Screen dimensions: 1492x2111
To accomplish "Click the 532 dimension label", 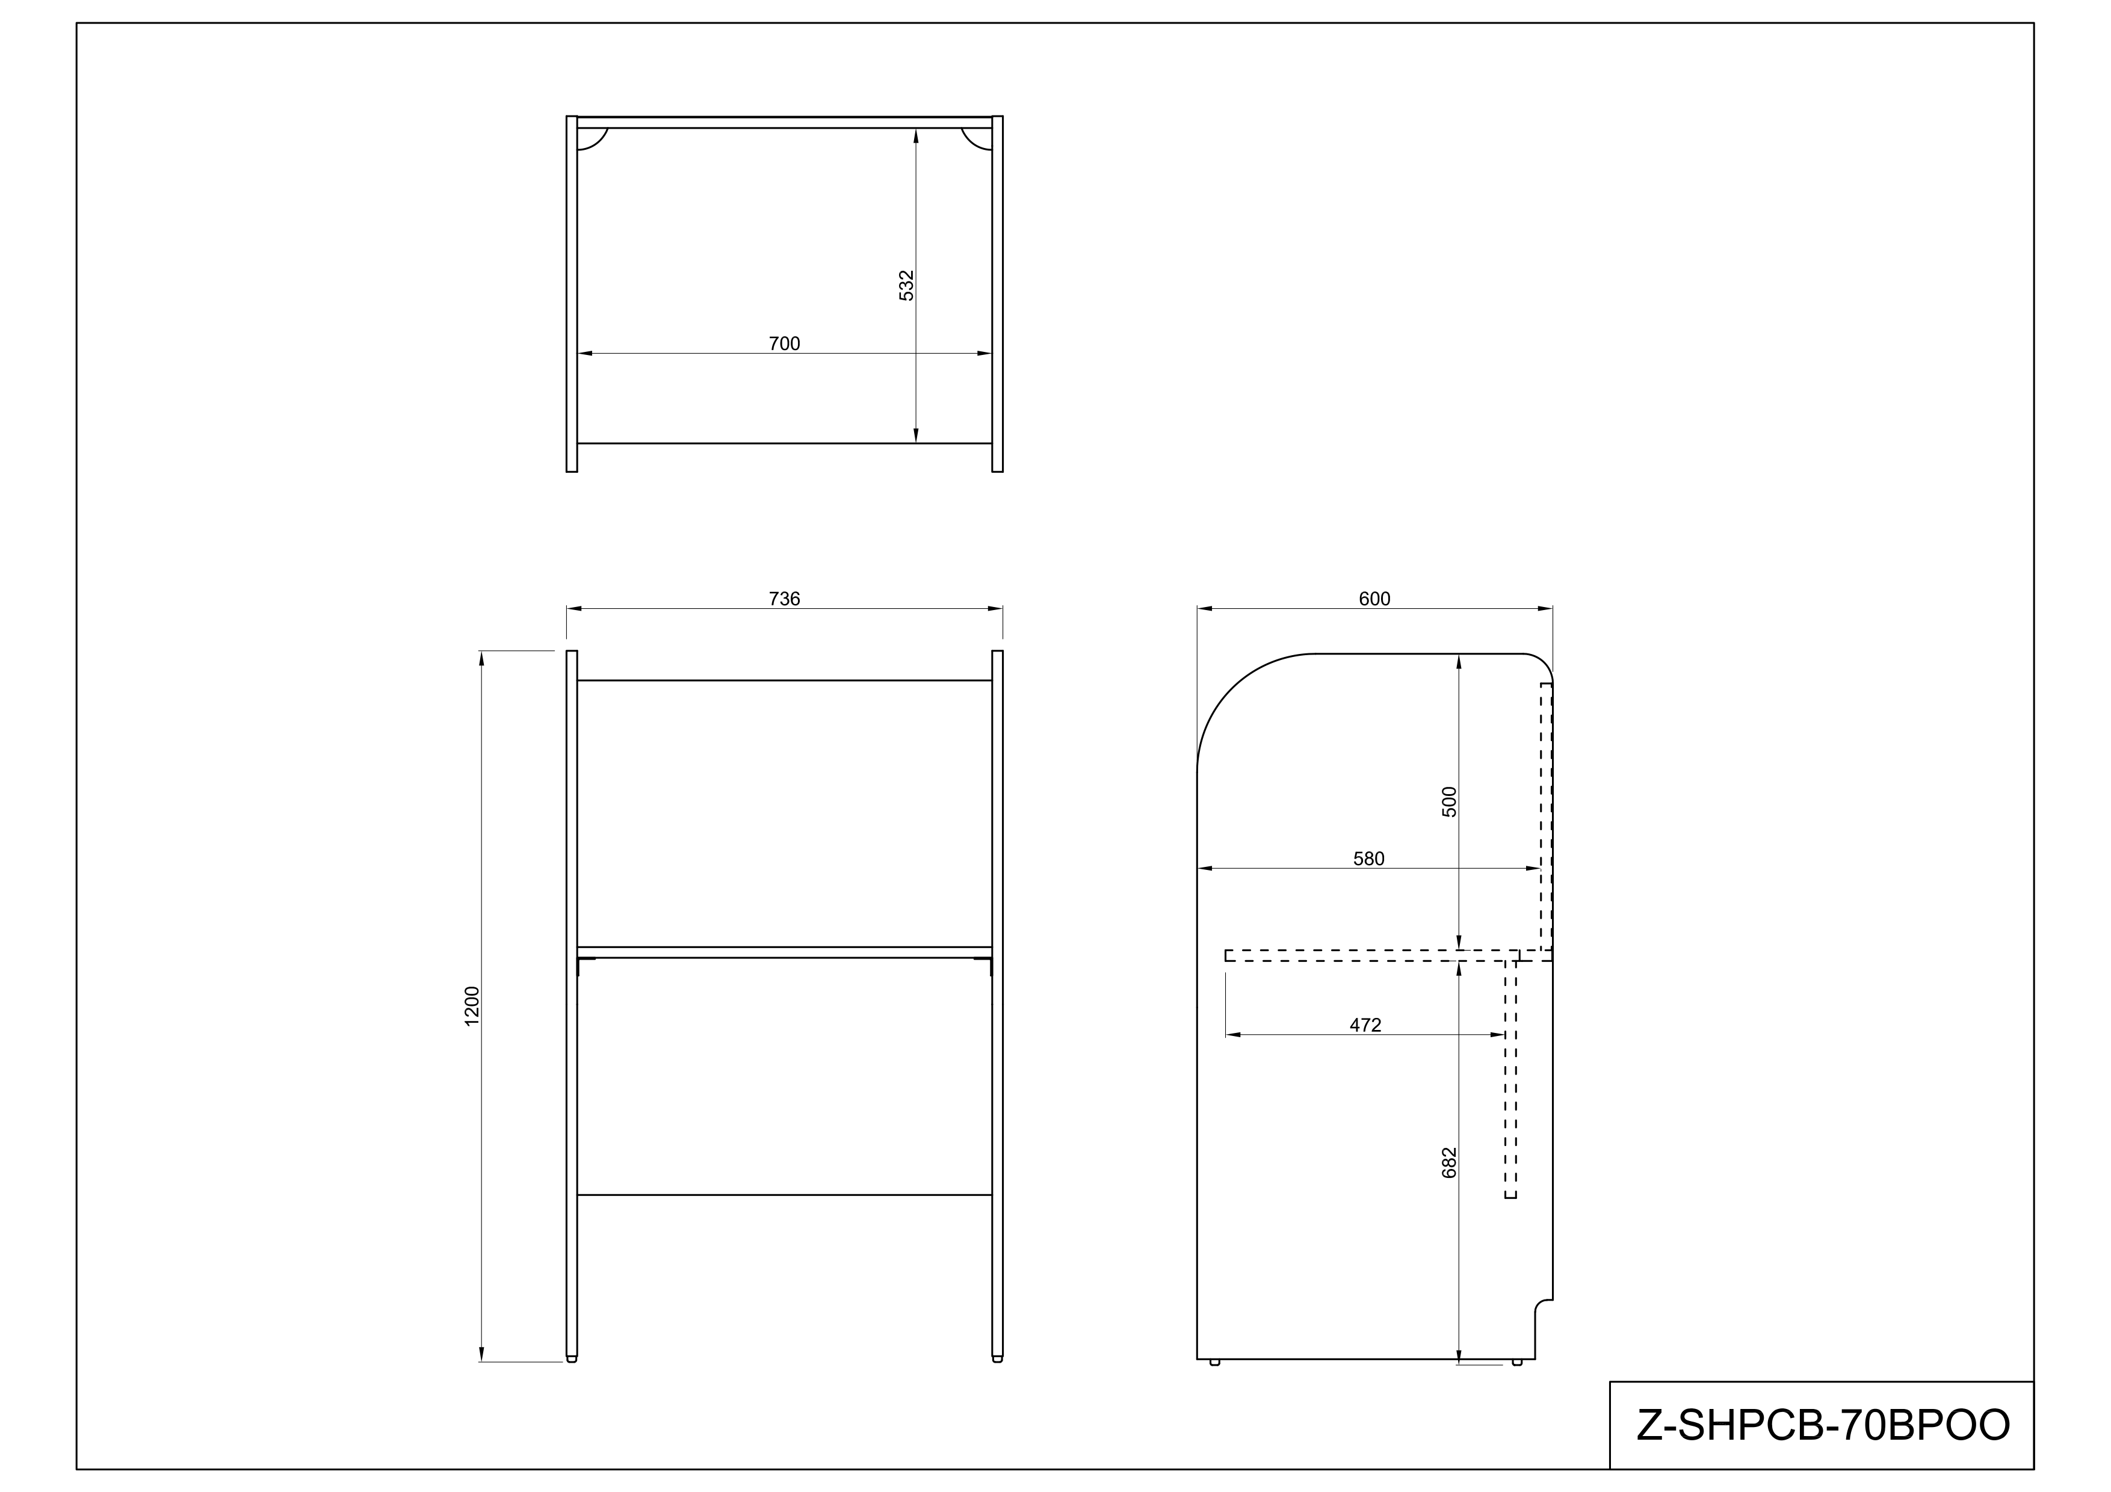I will [x=906, y=285].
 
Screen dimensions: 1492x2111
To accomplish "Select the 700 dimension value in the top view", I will [x=784, y=344].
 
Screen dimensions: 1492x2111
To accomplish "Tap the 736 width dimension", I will [x=784, y=599].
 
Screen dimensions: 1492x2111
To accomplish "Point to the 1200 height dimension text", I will [x=472, y=1006].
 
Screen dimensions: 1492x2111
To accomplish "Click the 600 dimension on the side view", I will [x=1374, y=599].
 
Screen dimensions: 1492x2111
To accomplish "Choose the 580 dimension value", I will [x=1368, y=859].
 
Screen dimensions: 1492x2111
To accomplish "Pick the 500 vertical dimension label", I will [x=1449, y=801].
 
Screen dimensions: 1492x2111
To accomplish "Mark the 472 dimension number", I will [x=1365, y=1025].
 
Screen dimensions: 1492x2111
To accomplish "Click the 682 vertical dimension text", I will [x=1449, y=1163].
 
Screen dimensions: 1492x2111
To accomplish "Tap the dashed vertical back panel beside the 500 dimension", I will [x=1547, y=818].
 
